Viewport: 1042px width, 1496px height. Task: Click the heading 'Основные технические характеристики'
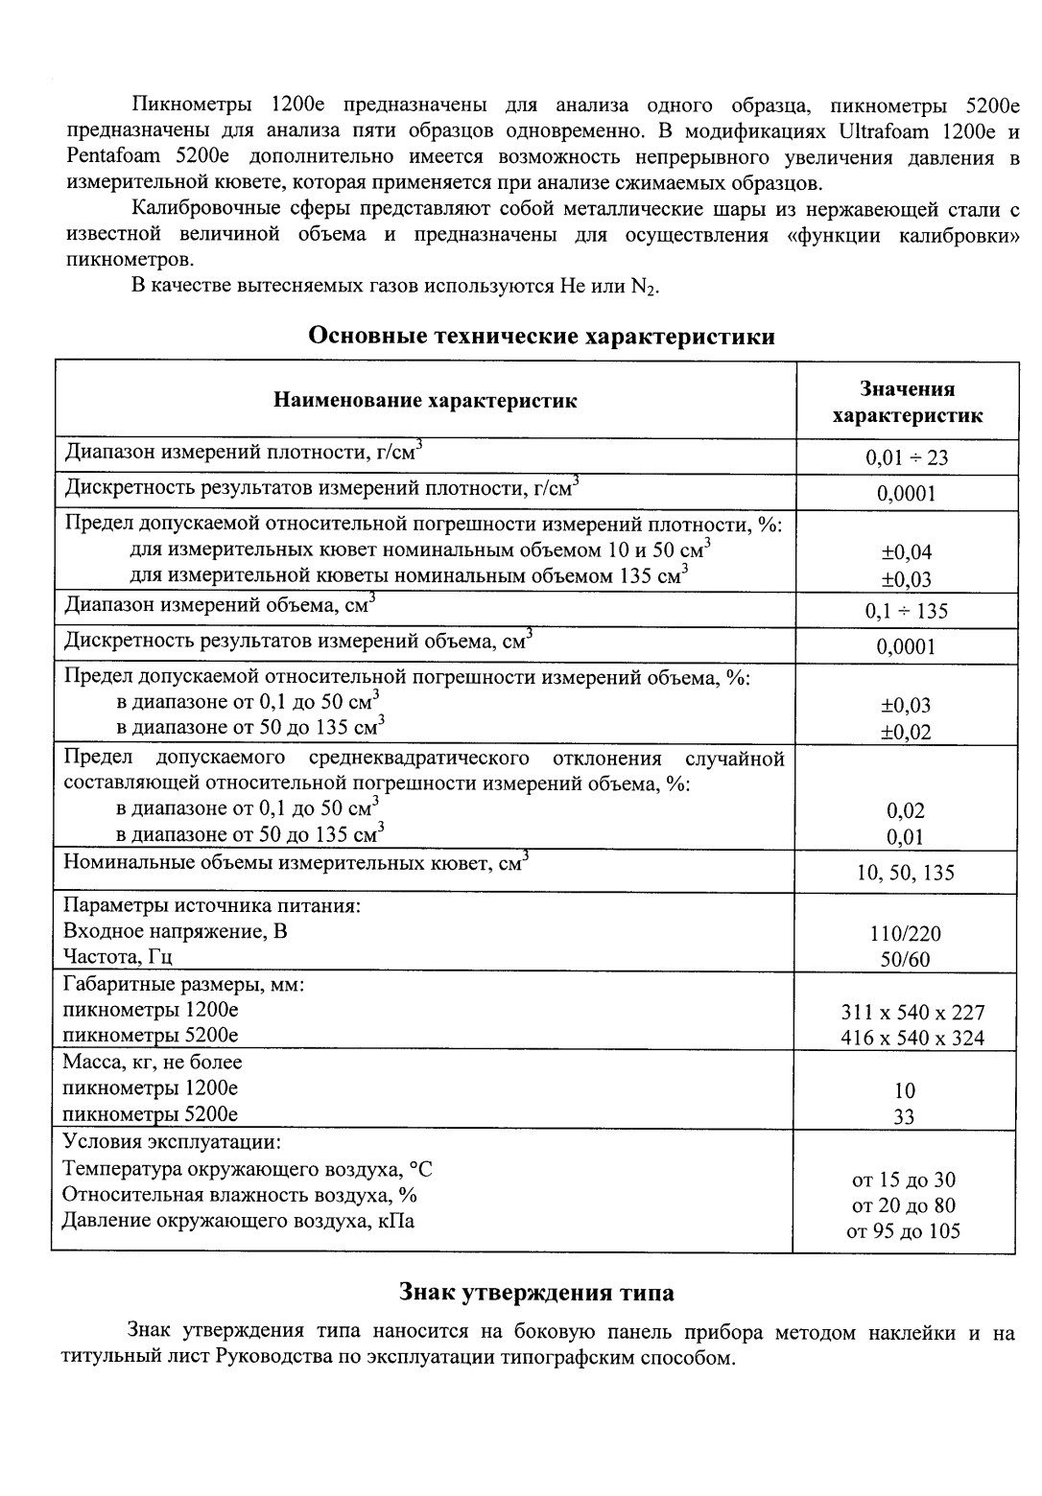coord(541,337)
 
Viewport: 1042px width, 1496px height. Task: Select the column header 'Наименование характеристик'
coord(425,401)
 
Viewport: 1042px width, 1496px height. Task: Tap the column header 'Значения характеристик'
coord(907,402)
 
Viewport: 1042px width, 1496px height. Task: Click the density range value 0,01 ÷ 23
coord(907,457)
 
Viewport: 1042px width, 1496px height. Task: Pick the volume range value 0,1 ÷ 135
coord(907,611)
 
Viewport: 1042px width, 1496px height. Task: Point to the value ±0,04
coord(907,551)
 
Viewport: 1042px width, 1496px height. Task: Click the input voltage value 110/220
coord(907,933)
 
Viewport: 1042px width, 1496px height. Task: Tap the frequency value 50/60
coord(907,959)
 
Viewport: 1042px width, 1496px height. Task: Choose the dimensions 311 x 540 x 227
coord(912,1013)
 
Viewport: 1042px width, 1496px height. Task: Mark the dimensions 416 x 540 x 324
coord(912,1038)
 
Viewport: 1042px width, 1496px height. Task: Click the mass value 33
coord(904,1116)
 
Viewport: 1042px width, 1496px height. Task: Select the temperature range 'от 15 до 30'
coord(904,1180)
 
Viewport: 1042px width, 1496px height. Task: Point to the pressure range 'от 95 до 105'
coord(904,1231)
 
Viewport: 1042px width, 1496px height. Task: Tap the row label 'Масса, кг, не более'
coord(153,1063)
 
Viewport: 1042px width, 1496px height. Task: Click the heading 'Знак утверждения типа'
coord(536,1293)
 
